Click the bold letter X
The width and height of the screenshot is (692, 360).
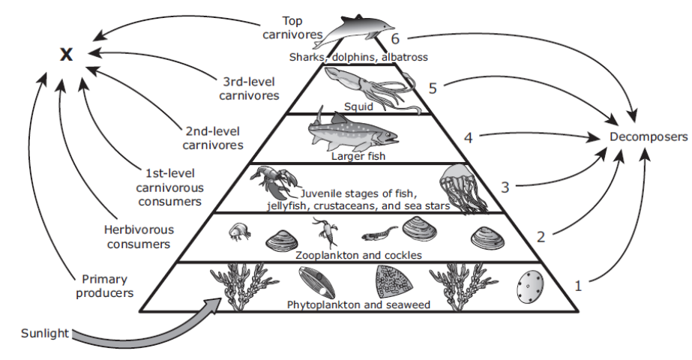coord(66,55)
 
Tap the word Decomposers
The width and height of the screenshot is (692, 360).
coord(649,137)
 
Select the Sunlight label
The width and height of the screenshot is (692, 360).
coord(45,333)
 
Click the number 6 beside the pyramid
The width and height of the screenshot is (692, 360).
coord(395,39)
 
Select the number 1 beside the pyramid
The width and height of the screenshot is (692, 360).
coord(578,286)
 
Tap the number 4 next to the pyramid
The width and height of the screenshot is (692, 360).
coord(468,138)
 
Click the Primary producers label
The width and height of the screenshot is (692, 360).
coord(105,286)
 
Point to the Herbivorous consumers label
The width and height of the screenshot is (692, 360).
coord(139,237)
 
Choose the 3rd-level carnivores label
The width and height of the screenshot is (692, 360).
coord(249,88)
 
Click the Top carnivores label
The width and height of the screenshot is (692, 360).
coord(292,28)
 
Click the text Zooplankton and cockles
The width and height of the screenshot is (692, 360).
coord(358,255)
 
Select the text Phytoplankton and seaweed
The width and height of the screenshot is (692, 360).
coord(358,304)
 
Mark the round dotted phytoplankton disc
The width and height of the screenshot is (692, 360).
coord(529,286)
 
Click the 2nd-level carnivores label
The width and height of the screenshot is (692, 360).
coord(213,138)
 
